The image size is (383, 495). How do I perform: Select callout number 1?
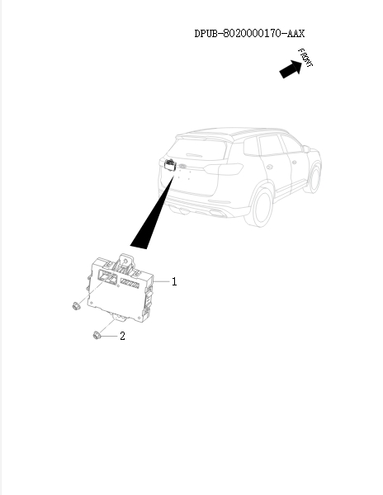coord(174,281)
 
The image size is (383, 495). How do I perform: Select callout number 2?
coord(123,336)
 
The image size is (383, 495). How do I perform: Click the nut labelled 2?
coord(97,334)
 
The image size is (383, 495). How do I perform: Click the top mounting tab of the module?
coord(124,257)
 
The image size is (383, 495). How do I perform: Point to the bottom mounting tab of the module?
coord(121,317)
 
